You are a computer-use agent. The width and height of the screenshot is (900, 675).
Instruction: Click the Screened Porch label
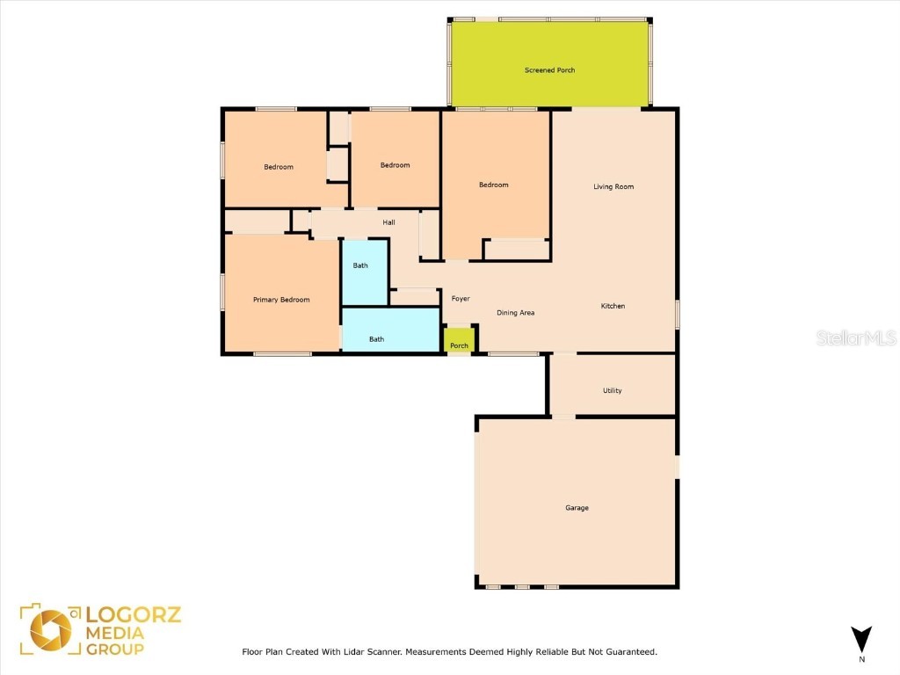click(549, 70)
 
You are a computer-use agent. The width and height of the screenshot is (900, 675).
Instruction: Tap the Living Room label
click(613, 186)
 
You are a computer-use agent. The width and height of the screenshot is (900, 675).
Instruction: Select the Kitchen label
click(613, 306)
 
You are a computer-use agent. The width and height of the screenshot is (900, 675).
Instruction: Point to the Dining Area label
click(515, 313)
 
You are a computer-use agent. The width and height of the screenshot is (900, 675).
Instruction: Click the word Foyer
click(461, 299)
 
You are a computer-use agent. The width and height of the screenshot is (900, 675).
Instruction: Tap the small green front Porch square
click(459, 338)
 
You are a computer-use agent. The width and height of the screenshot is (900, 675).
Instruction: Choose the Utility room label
click(613, 390)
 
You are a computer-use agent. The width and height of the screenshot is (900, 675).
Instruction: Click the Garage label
click(577, 508)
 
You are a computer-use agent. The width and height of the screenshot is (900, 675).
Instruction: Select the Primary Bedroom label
click(281, 300)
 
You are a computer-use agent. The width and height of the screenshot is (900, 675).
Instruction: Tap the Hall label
click(388, 222)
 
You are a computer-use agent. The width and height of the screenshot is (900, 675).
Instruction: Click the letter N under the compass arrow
click(861, 659)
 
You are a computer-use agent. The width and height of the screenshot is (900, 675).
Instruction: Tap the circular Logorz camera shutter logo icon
click(51, 632)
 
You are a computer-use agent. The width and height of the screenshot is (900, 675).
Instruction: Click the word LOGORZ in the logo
click(134, 614)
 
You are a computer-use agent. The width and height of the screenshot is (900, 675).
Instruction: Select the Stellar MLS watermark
click(856, 337)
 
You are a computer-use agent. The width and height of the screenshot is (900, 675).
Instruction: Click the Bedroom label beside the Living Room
click(493, 185)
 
